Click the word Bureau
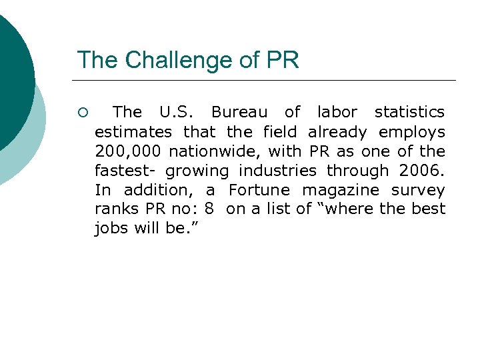(239, 112)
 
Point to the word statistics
(409, 112)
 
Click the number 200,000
(127, 151)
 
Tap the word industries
(276, 171)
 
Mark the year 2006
(423, 171)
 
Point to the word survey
(418, 191)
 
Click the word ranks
(113, 210)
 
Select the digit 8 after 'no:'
(209, 210)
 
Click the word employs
(412, 132)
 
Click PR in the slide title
(283, 60)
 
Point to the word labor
(337, 112)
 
